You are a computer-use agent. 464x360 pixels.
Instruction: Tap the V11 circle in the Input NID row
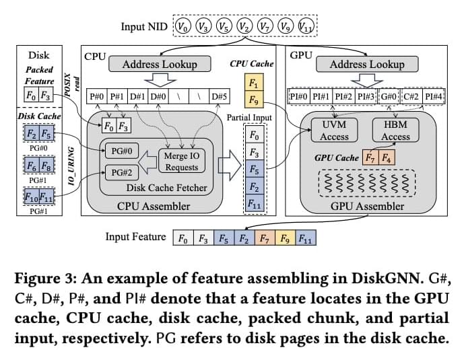(305, 27)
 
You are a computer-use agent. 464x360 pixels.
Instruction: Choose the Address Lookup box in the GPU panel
(366, 65)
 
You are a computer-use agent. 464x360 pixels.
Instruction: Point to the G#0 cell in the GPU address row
(389, 96)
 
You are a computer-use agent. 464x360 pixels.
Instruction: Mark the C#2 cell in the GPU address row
(411, 96)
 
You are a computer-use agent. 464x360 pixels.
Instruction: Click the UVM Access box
(334, 131)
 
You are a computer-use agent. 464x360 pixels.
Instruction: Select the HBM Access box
(395, 131)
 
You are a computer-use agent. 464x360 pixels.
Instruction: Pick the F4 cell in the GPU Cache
(386, 159)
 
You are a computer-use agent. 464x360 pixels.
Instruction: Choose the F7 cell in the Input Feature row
(266, 238)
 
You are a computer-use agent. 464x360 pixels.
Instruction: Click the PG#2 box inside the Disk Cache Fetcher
(121, 172)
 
